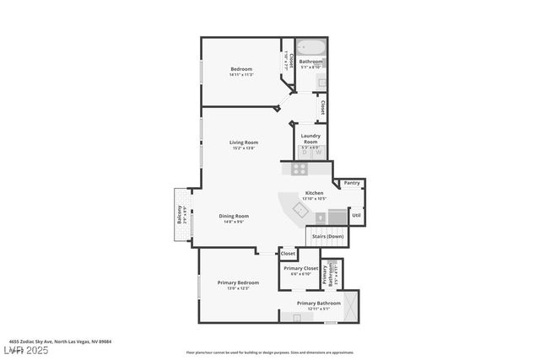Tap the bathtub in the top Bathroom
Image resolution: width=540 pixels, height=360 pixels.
pyautogui.click(x=310, y=49)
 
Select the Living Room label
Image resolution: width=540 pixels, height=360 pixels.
pyautogui.click(x=244, y=142)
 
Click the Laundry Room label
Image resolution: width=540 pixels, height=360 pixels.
pyautogui.click(x=310, y=139)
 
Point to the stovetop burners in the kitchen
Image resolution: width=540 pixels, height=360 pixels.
pyautogui.click(x=300, y=169)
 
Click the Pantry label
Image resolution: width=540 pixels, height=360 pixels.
pyautogui.click(x=352, y=182)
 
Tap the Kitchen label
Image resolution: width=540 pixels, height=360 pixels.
pyautogui.click(x=314, y=193)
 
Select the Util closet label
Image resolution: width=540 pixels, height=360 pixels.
pyautogui.click(x=356, y=215)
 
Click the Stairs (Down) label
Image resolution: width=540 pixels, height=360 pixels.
pyautogui.click(x=327, y=236)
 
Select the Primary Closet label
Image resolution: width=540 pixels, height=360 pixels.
pyautogui.click(x=300, y=268)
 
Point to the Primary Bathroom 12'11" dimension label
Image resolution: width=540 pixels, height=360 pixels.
pyautogui.click(x=317, y=308)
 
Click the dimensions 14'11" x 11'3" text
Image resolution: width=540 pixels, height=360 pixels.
pyautogui.click(x=241, y=75)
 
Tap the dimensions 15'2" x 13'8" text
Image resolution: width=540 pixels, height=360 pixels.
pyautogui.click(x=243, y=148)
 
